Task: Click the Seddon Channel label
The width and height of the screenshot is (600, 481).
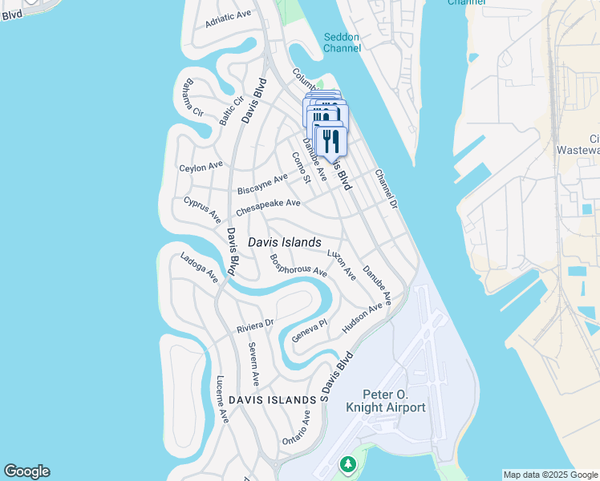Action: pos(342,42)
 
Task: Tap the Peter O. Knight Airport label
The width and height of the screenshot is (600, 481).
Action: pos(385,401)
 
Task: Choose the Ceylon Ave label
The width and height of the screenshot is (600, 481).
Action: pos(201,167)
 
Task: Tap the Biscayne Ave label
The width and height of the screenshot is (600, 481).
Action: pos(262,184)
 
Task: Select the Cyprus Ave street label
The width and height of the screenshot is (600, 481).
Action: pos(202,208)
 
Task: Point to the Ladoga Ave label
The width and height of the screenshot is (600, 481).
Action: pos(199,268)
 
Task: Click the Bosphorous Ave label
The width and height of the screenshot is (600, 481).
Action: pos(298,265)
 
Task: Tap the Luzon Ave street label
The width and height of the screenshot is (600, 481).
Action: pos(342,264)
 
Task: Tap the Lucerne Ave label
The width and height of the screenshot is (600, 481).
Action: pos(222,399)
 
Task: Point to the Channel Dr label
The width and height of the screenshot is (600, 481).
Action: pos(386,189)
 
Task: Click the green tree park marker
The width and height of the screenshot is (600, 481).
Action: pos(347,464)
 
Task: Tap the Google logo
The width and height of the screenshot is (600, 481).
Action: pos(26,471)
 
